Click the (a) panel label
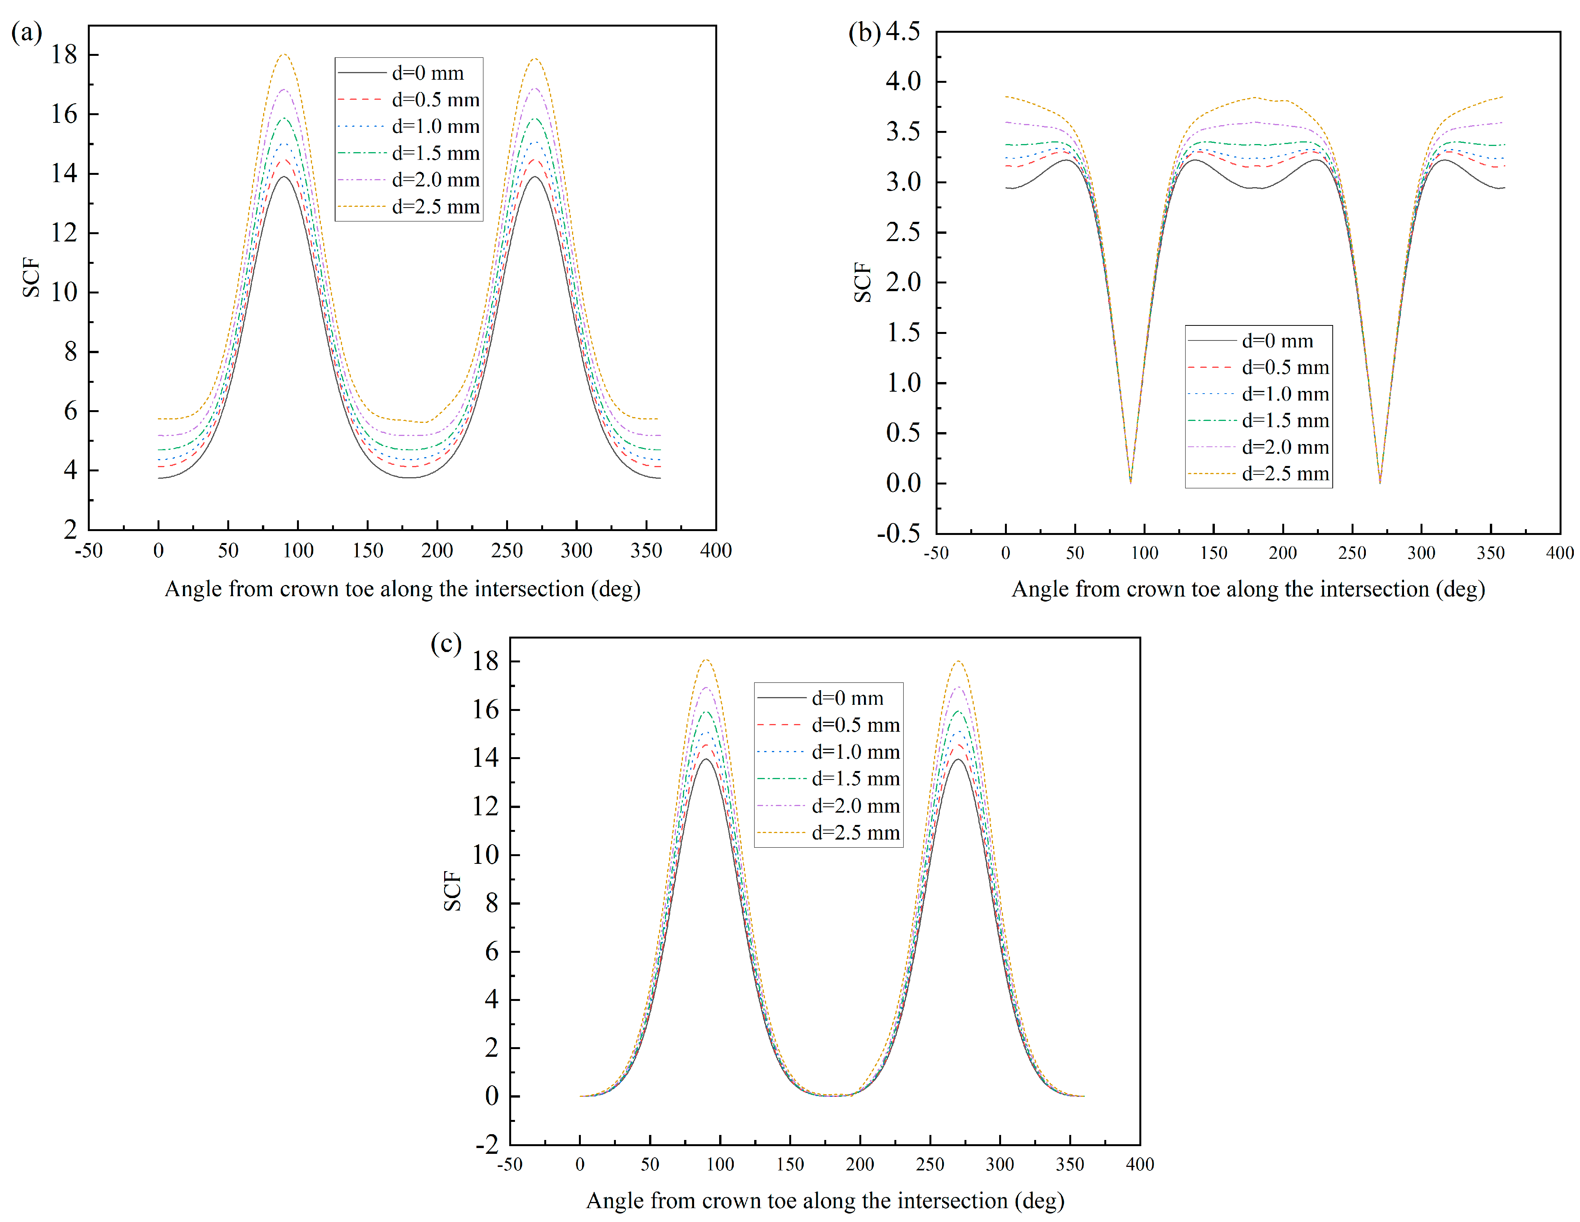click(x=27, y=33)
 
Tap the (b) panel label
click(x=864, y=33)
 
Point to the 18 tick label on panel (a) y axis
click(x=64, y=55)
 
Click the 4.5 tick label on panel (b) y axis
click(x=903, y=32)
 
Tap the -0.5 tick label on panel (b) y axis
click(x=899, y=534)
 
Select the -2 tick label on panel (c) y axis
click(x=487, y=1145)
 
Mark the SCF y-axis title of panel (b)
click(x=862, y=282)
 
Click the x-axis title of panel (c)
click(x=825, y=1201)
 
